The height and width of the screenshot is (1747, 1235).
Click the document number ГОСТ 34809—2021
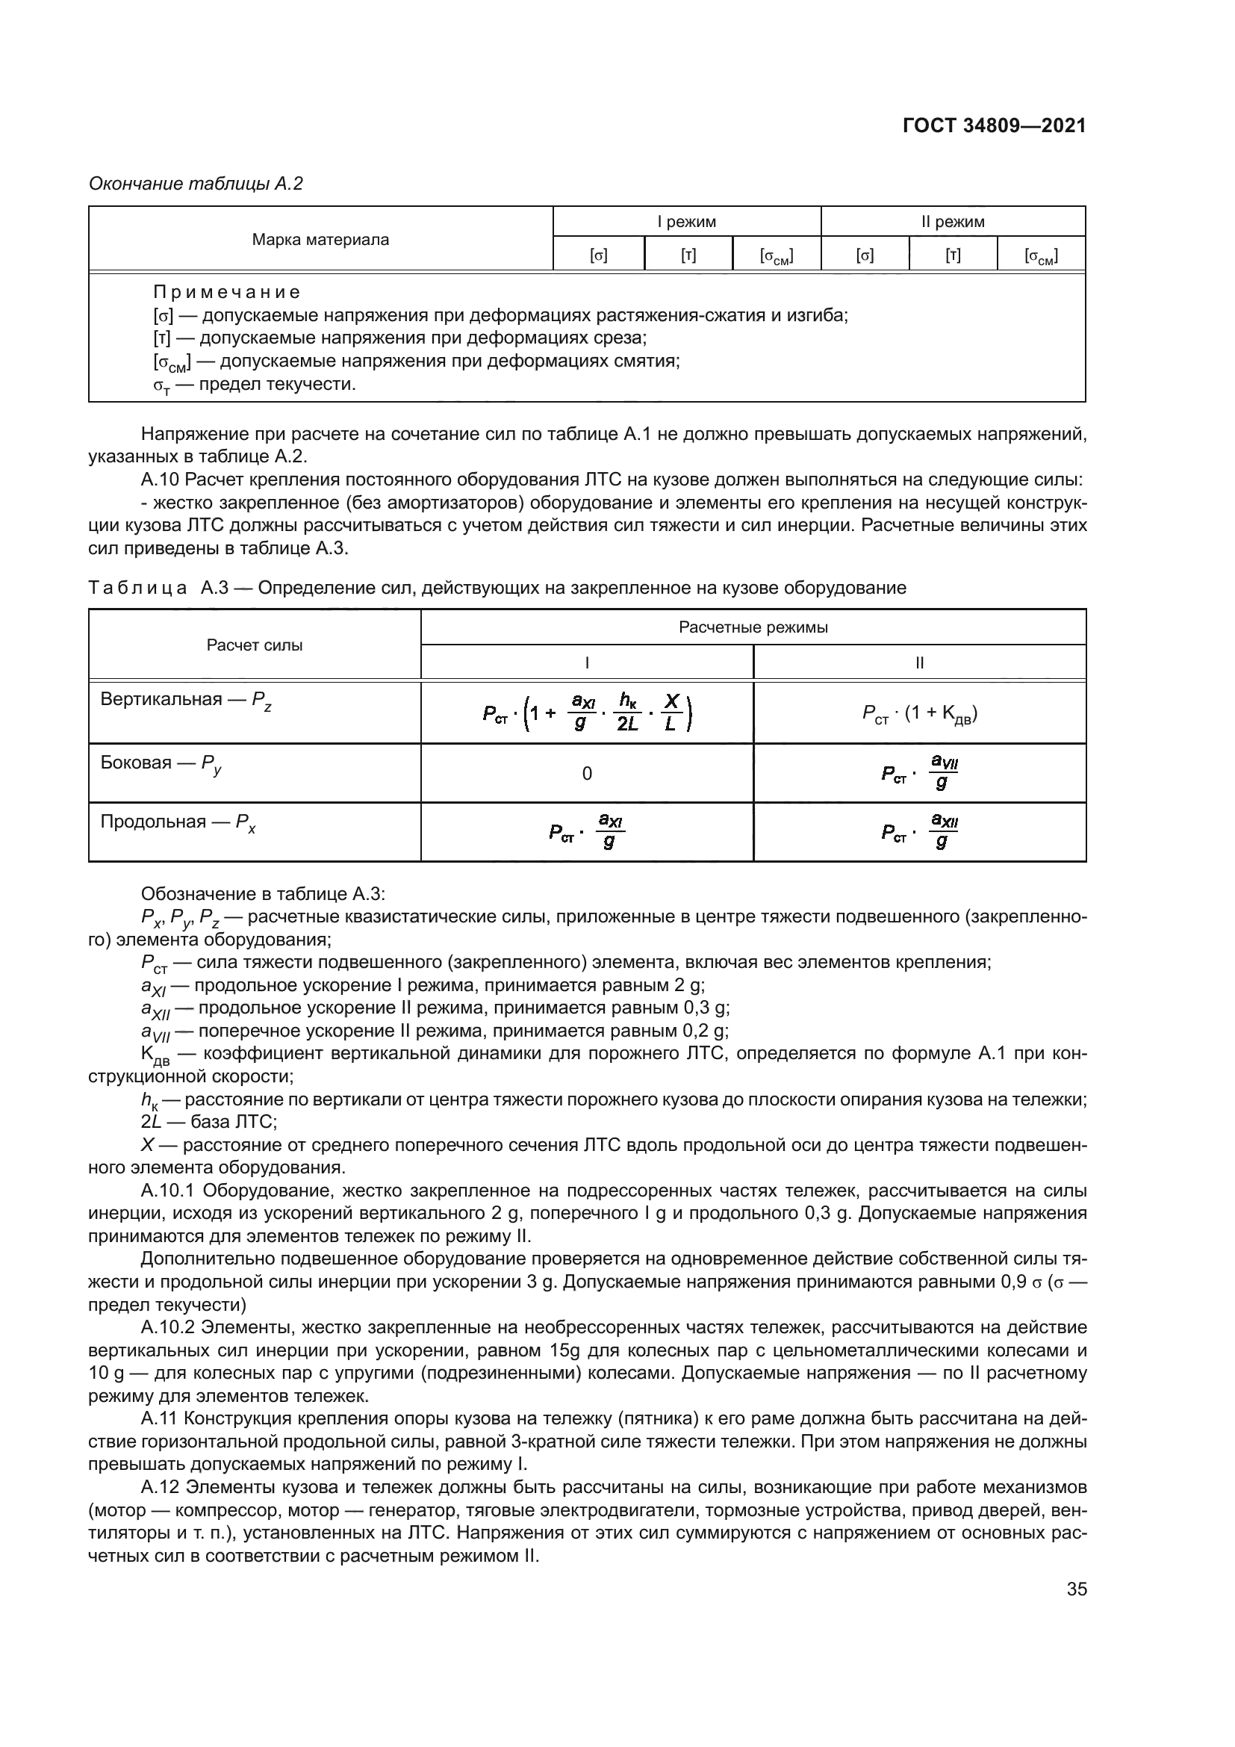coord(994,126)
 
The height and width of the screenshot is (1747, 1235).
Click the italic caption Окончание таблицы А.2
coord(196,184)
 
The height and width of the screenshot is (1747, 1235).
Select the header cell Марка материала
coord(320,240)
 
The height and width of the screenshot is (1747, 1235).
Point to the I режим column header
coord(687,222)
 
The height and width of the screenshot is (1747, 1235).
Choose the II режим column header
coord(953,222)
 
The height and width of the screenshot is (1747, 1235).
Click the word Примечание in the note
coord(227,292)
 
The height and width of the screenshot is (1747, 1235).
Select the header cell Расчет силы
coord(255,645)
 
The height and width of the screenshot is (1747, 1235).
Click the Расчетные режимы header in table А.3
coord(753,627)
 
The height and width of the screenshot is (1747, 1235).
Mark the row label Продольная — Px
coord(178,822)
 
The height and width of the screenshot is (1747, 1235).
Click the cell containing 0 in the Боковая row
coord(587,774)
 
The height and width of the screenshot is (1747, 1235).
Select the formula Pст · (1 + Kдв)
coord(919,714)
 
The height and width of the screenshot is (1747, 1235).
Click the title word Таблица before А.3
coord(137,588)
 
